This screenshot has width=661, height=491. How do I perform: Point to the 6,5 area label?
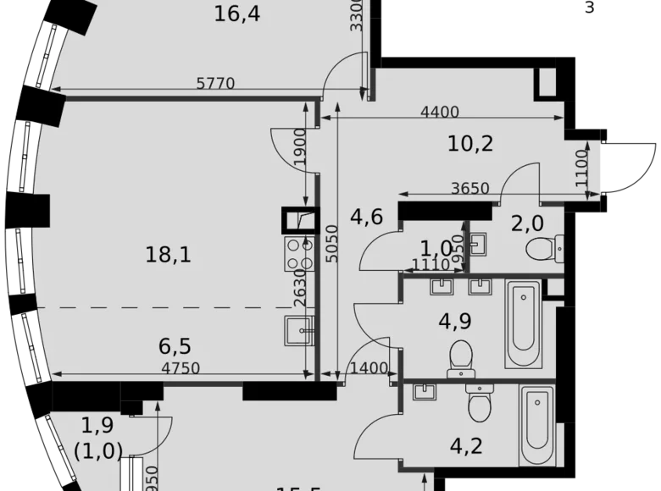174,346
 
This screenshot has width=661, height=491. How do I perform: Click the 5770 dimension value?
214,83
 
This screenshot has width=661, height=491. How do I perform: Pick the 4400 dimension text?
439,112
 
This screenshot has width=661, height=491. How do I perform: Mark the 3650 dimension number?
469,188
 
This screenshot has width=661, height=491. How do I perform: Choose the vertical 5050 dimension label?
332,245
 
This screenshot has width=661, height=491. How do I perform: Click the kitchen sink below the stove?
300,329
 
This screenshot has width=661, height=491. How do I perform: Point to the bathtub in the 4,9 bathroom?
524,324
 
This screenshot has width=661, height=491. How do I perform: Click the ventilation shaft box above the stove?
301,220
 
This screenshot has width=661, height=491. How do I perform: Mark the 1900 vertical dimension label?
310,150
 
